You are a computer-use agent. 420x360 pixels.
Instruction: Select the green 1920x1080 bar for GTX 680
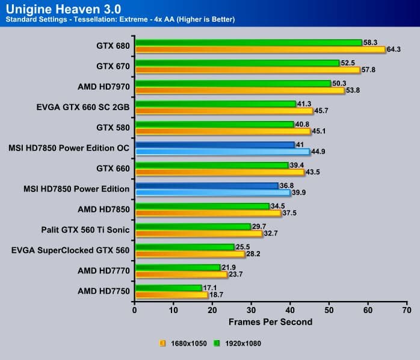pyautogui.click(x=249, y=43)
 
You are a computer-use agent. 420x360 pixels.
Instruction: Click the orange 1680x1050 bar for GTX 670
pyautogui.click(x=247, y=70)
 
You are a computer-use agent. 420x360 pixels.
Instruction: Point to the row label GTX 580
pyautogui.click(x=113, y=128)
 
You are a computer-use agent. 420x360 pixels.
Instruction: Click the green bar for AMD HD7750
pyautogui.click(x=168, y=288)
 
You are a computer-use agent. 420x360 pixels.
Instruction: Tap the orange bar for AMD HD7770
pyautogui.click(x=181, y=275)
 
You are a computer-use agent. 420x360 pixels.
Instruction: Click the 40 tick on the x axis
pyautogui.click(x=291, y=311)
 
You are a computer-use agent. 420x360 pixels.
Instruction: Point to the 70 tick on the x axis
pyautogui.click(x=407, y=311)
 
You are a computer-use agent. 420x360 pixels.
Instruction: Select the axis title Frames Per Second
pyautogui.click(x=271, y=322)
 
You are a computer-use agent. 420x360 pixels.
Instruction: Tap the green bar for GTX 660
pyautogui.click(x=212, y=166)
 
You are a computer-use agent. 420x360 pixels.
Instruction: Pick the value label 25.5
pyautogui.click(x=242, y=247)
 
